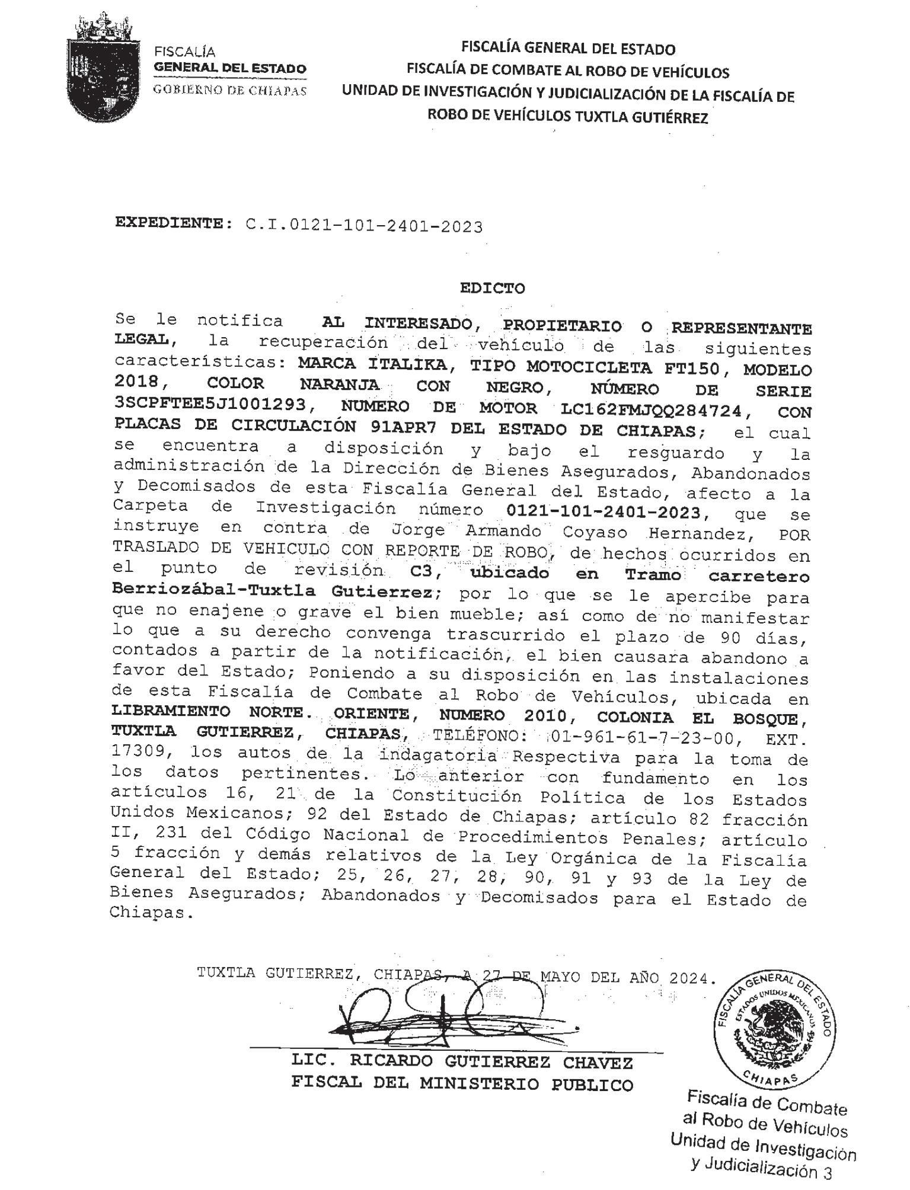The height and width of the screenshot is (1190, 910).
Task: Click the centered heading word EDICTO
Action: [492, 289]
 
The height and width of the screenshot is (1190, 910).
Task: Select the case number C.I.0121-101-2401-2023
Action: [363, 226]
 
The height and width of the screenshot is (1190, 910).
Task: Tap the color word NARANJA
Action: [340, 384]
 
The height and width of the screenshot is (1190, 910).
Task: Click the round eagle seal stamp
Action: [774, 1028]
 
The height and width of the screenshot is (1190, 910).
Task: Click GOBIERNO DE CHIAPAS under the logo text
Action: [230, 91]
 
